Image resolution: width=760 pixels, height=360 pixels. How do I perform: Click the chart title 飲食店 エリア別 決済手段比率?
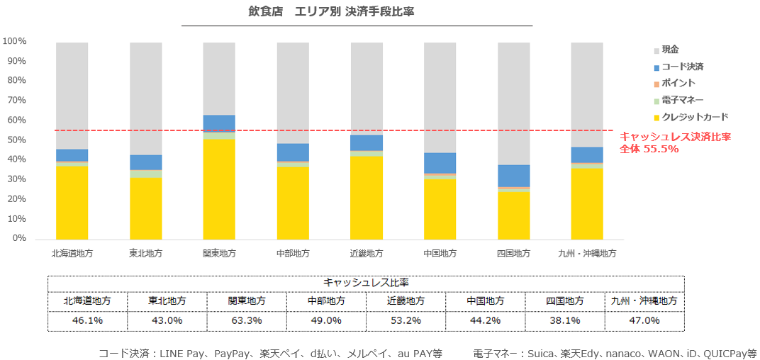[357, 13]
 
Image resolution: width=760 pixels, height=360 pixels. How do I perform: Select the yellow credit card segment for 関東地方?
[219, 189]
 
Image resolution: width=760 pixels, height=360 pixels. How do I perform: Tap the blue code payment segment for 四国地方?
[513, 176]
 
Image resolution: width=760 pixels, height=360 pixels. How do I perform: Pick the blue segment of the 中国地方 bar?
[440, 163]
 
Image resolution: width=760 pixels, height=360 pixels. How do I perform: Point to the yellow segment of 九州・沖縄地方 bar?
[586, 203]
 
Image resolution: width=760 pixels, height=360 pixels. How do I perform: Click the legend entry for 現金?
[670, 50]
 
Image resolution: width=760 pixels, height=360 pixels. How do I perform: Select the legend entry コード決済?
[682, 67]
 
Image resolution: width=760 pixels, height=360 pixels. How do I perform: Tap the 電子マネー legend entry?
[682, 100]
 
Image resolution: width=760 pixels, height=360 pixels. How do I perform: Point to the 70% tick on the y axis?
[15, 101]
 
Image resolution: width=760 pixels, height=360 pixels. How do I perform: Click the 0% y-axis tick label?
[18, 239]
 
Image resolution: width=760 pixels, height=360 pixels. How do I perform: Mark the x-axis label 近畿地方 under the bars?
[366, 253]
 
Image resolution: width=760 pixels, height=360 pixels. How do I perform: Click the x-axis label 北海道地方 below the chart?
[72, 253]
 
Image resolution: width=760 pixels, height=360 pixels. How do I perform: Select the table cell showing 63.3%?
[247, 320]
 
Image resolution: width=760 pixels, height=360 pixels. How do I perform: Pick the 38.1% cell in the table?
[564, 320]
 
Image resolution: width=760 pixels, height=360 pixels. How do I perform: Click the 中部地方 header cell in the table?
[326, 301]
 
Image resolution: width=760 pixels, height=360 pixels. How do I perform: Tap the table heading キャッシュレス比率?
[365, 282]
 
